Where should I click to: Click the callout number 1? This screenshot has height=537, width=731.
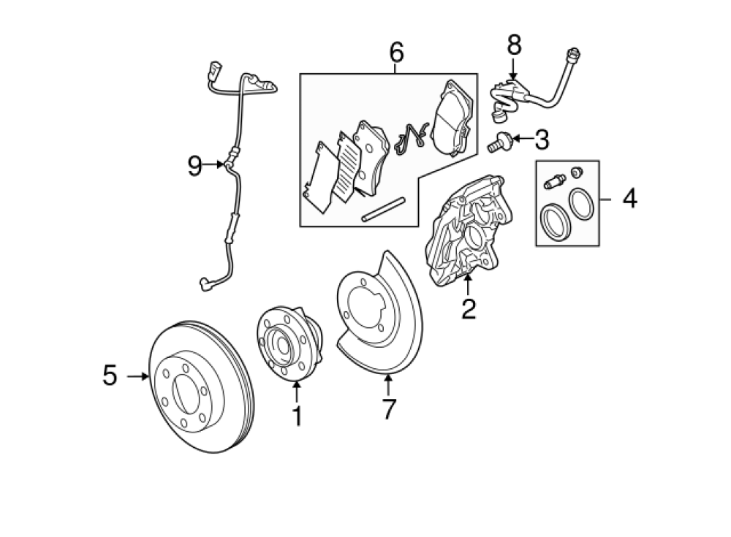pyautogui.click(x=297, y=416)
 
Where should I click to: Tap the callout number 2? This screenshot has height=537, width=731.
pyautogui.click(x=469, y=308)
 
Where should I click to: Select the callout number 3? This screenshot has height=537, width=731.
pyautogui.click(x=542, y=140)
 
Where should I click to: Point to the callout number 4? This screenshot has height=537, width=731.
pyautogui.click(x=630, y=199)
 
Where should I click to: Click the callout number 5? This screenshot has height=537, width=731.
pyautogui.click(x=110, y=376)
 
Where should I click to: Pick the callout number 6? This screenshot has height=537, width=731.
pyautogui.click(x=396, y=52)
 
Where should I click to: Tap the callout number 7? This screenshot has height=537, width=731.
pyautogui.click(x=388, y=409)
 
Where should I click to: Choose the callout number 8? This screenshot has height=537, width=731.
pyautogui.click(x=514, y=45)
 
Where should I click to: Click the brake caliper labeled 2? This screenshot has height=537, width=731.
pyautogui.click(x=468, y=231)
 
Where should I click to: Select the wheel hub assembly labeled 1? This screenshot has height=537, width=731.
pyautogui.click(x=289, y=343)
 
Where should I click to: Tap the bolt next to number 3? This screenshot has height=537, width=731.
pyautogui.click(x=499, y=142)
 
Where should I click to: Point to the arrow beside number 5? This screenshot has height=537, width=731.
pyautogui.click(x=138, y=376)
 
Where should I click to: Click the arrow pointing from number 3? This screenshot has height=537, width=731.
pyautogui.click(x=523, y=138)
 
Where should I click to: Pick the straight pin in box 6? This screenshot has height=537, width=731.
pyautogui.click(x=384, y=210)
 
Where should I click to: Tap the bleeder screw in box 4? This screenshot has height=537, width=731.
pyautogui.click(x=555, y=181)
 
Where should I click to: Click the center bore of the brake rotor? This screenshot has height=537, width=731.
pyautogui.click(x=186, y=389)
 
